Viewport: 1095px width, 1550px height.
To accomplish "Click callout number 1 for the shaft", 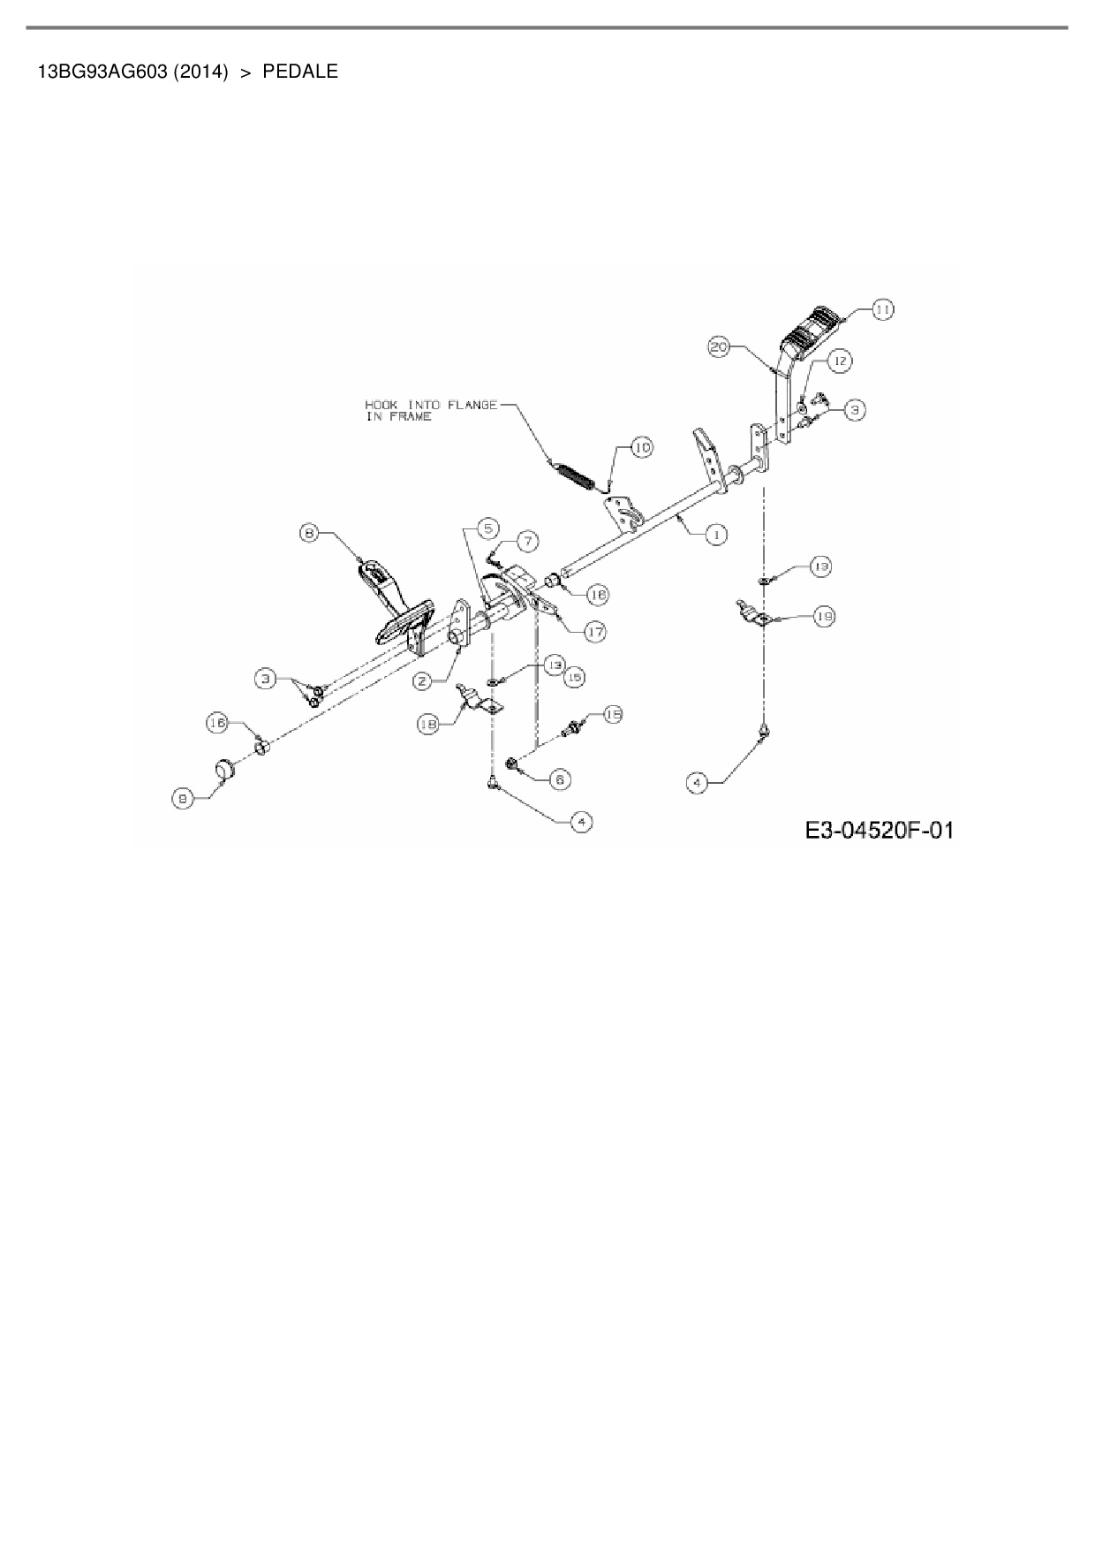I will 716,535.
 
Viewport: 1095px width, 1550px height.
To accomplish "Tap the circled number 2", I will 422,680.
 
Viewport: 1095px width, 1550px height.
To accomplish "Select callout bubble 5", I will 487,528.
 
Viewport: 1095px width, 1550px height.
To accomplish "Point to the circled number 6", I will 560,779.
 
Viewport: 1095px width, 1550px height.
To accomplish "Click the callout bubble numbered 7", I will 526,539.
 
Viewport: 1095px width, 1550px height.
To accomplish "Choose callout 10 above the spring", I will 642,448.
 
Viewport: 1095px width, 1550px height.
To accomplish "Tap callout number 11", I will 882,309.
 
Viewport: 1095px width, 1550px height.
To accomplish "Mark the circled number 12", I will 839,361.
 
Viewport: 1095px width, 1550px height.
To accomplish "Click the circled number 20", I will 720,347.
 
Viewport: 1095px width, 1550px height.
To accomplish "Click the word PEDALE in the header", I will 300,72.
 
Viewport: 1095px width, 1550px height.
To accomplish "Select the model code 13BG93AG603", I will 102,72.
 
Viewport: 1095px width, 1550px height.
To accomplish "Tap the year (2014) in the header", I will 200,72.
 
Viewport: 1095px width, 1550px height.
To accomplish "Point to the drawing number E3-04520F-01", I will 880,831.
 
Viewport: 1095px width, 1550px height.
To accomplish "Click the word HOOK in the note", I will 381,405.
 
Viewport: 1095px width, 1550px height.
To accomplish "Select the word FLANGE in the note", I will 472,405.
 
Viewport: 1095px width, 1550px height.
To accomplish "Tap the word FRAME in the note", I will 412,417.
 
